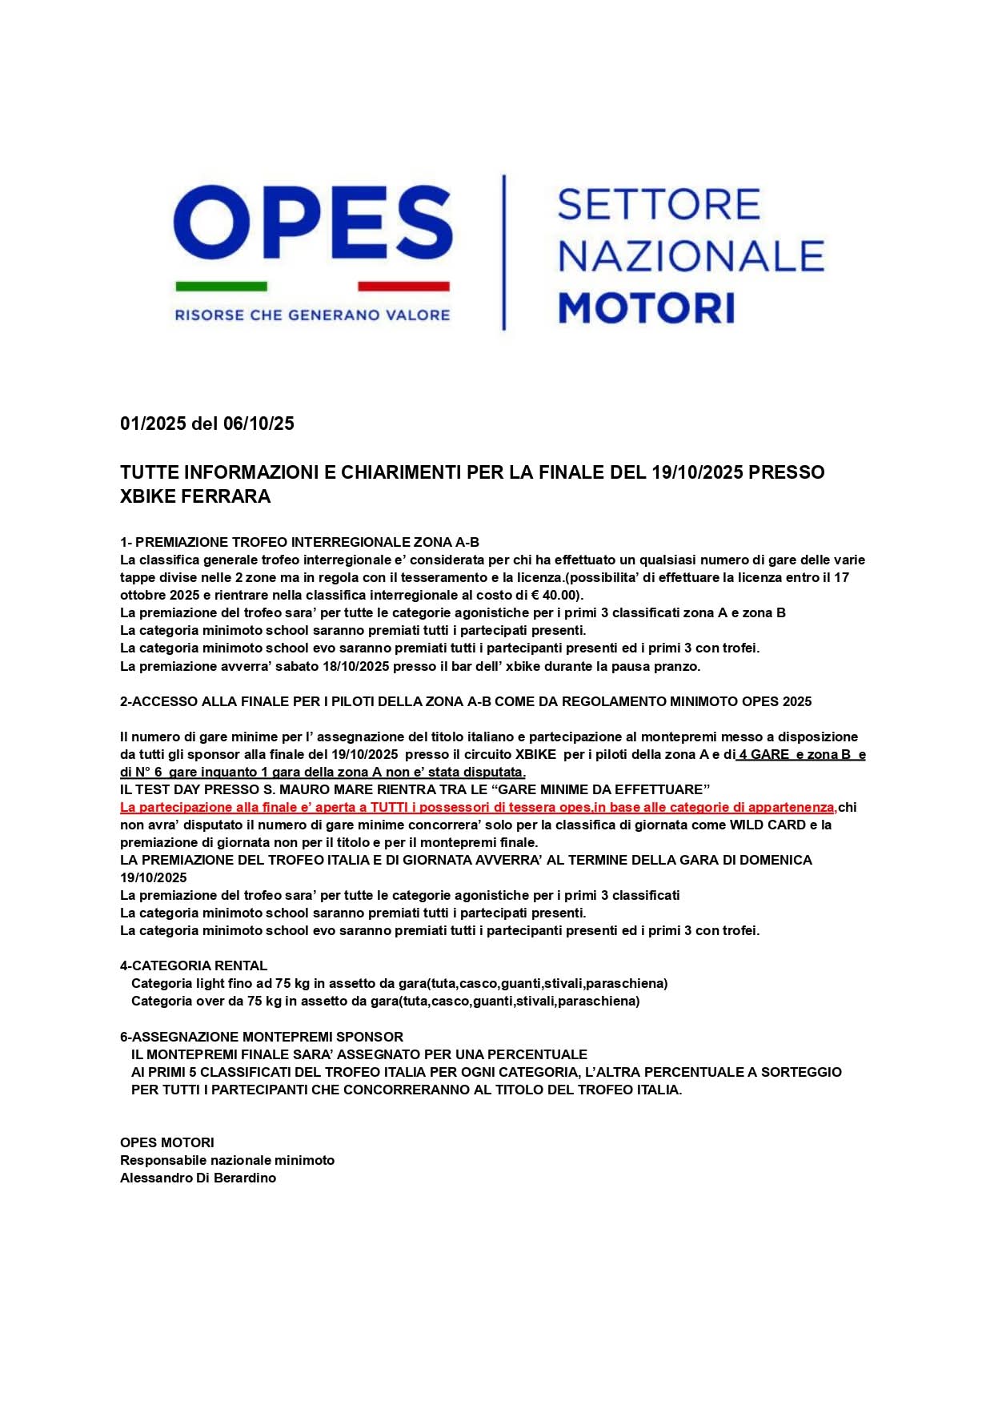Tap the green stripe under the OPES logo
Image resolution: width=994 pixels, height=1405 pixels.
221,286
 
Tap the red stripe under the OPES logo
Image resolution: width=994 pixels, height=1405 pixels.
403,286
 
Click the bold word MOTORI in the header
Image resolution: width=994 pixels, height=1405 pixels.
646,308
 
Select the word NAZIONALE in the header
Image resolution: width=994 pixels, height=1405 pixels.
691,256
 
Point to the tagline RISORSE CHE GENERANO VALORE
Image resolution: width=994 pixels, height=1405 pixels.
312,315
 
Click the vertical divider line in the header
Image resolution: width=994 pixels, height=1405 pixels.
503,252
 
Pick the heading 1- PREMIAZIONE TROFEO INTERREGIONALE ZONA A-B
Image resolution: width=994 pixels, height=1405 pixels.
299,542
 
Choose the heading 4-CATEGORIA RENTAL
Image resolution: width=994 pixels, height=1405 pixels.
194,965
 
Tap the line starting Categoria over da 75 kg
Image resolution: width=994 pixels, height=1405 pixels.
385,1001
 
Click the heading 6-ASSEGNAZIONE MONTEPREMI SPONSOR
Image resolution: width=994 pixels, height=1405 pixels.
262,1037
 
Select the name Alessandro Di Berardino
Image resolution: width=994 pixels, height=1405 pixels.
198,1178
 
